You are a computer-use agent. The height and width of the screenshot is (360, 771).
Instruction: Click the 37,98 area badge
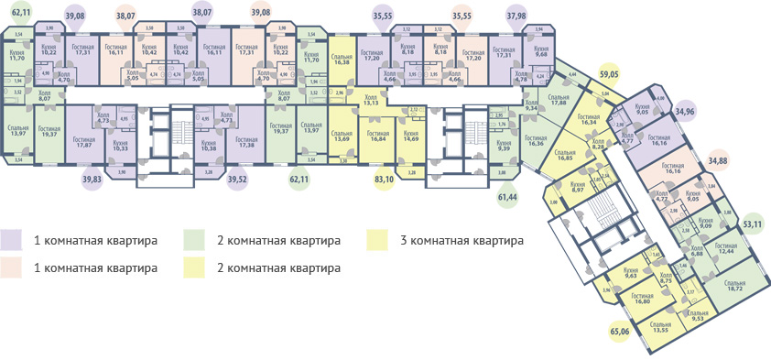pyautogui.click(x=516, y=16)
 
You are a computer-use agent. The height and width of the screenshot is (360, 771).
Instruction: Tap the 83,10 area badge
pyautogui.click(x=384, y=180)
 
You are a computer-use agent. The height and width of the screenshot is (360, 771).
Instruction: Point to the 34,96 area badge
pyautogui.click(x=685, y=111)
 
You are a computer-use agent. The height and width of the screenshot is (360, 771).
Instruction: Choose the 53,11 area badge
pyautogui.click(x=753, y=222)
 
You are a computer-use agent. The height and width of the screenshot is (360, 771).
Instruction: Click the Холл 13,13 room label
pyautogui.click(x=370, y=100)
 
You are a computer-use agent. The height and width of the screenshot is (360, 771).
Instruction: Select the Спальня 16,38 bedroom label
pyautogui.click(x=342, y=56)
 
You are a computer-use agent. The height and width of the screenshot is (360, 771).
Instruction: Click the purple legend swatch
pyautogui.click(x=13, y=241)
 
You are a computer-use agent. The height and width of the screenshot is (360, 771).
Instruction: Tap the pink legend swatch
pyautogui.click(x=13, y=268)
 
